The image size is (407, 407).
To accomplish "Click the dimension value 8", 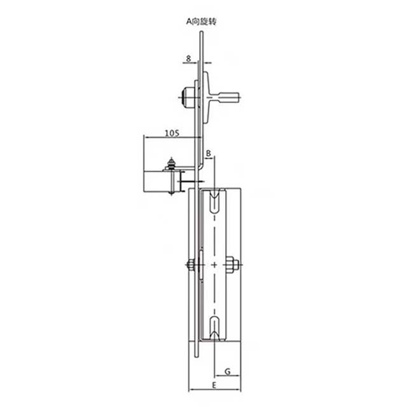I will pyautogui.click(x=189, y=58).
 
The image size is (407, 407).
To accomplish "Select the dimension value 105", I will pyautogui.click(x=171, y=132).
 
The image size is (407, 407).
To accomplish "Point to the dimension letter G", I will pyautogui.click(x=226, y=370).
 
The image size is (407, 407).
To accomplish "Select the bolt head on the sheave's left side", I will pyautogui.click(x=190, y=265).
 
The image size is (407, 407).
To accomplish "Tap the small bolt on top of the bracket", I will pyautogui.click(x=170, y=165).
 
